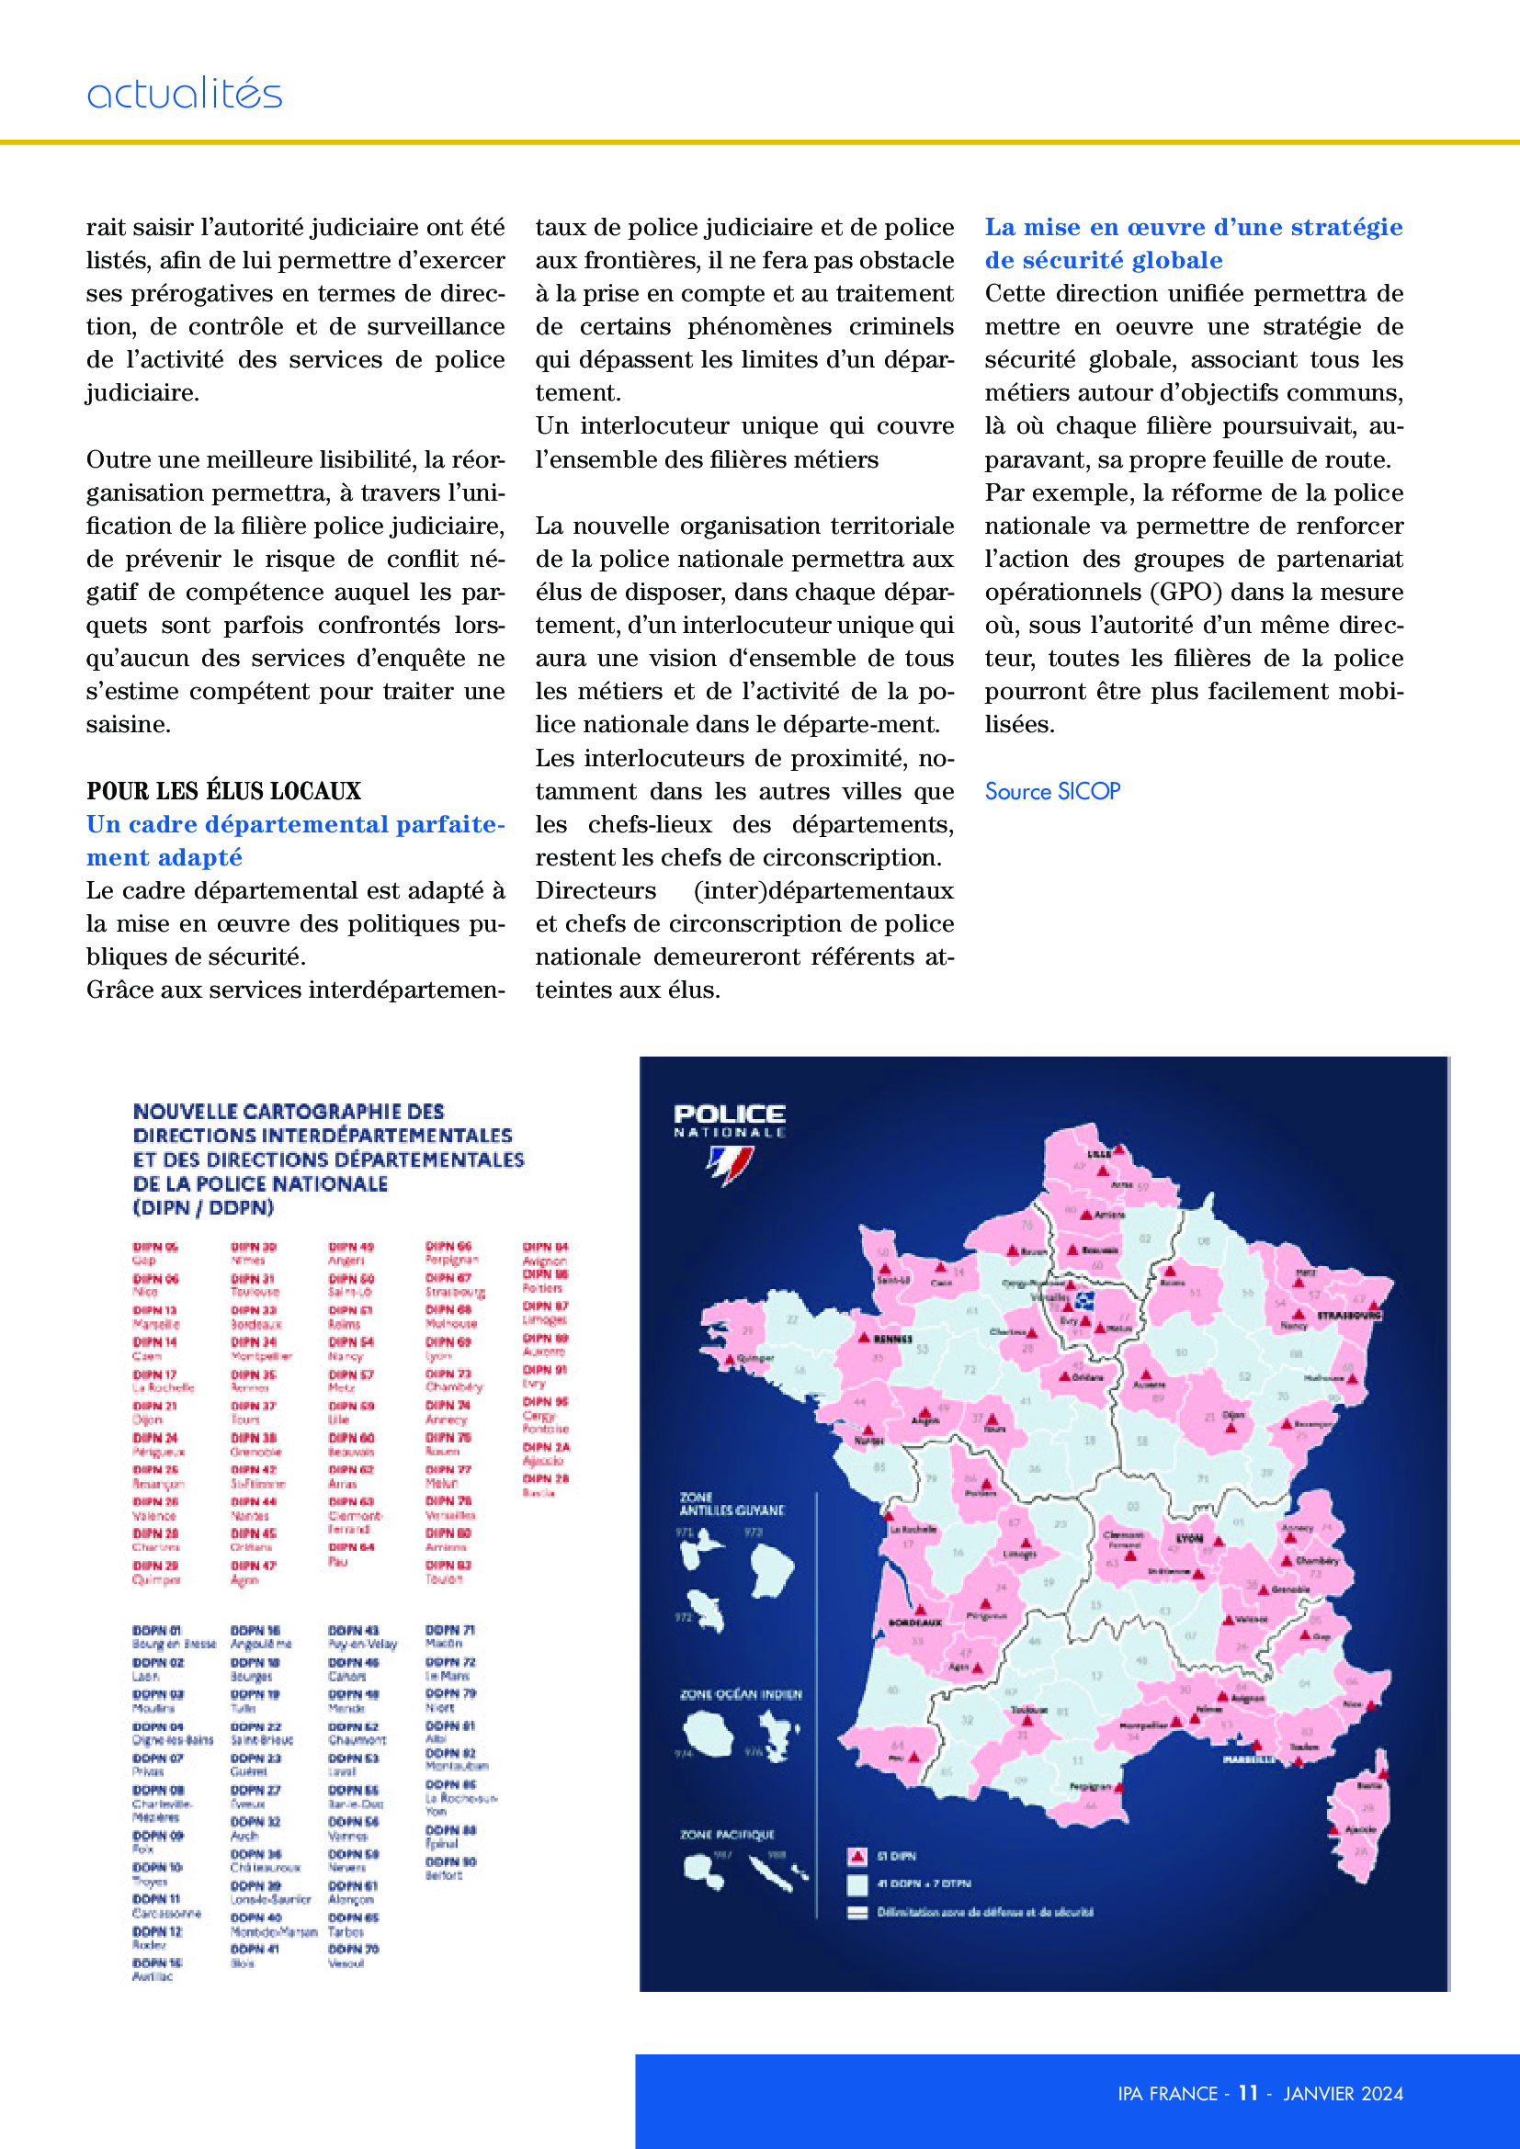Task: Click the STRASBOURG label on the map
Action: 1349,1315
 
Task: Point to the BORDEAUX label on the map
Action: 914,1620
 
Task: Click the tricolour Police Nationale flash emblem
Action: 729,1165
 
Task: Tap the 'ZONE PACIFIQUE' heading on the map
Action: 726,1835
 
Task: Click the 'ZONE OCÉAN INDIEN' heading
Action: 741,1694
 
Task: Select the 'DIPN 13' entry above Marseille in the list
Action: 154,1310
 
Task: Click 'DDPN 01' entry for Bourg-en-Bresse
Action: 156,1631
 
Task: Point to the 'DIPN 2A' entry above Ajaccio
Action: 546,1447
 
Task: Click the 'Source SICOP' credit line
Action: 1052,791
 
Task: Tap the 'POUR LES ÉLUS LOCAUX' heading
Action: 223,791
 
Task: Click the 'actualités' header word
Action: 185,94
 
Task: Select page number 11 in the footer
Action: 1248,2093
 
